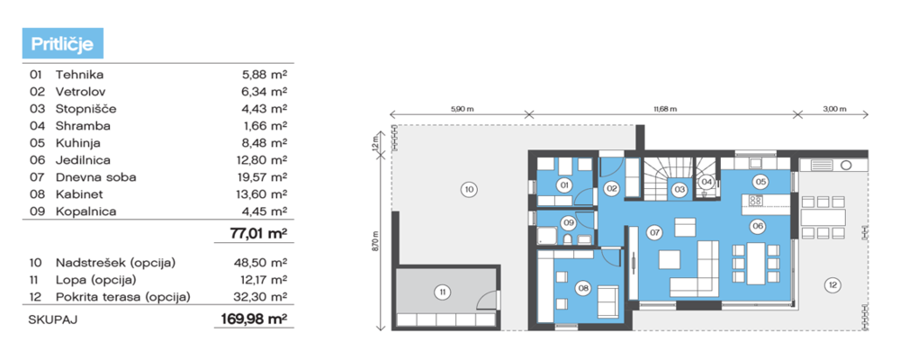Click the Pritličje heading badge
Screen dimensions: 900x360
coord(63,43)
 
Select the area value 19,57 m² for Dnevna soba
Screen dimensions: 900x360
coord(264,176)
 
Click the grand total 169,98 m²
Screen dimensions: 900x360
coord(254,319)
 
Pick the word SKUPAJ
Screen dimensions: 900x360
coord(53,319)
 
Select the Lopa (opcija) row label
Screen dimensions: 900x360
coord(96,281)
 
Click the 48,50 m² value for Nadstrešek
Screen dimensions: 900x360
coord(264,263)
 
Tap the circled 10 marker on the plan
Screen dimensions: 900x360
coord(469,189)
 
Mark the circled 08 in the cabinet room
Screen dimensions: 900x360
coord(584,289)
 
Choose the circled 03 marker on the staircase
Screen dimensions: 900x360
coord(679,188)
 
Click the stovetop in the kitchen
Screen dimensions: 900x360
coord(755,201)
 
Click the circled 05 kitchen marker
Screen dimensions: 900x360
coord(760,182)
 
